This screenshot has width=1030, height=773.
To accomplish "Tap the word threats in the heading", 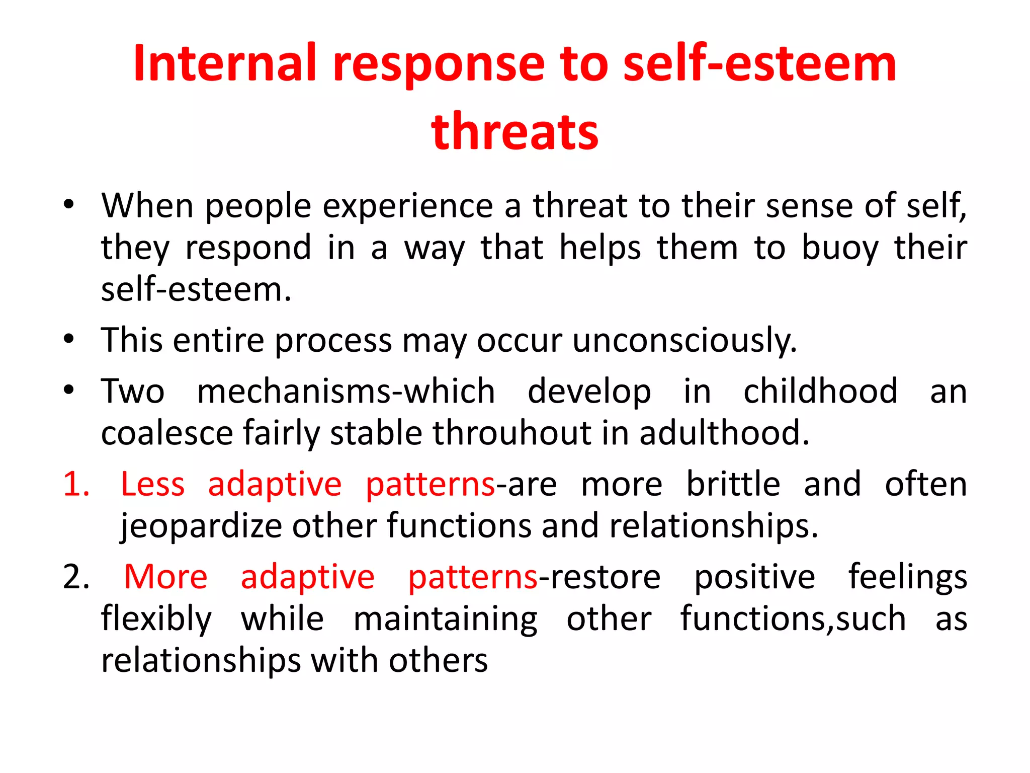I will coord(514,132).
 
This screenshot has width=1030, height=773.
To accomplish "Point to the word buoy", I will coord(839,248).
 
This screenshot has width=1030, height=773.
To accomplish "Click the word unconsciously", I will coord(684,340).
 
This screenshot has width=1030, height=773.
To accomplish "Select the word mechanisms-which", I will coord(346,391).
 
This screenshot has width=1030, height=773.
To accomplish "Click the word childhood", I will coord(820,391).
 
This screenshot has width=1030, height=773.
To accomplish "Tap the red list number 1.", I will coord(76,484).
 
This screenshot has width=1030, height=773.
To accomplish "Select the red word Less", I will coord(153,484).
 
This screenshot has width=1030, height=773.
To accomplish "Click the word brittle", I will coord(733,484).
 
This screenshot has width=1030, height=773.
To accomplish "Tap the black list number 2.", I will coord(76,577).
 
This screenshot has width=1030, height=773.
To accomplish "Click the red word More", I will coord(165,577).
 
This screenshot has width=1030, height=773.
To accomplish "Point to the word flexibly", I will coord(156,619).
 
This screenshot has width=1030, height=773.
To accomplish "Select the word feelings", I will coord(908,577).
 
